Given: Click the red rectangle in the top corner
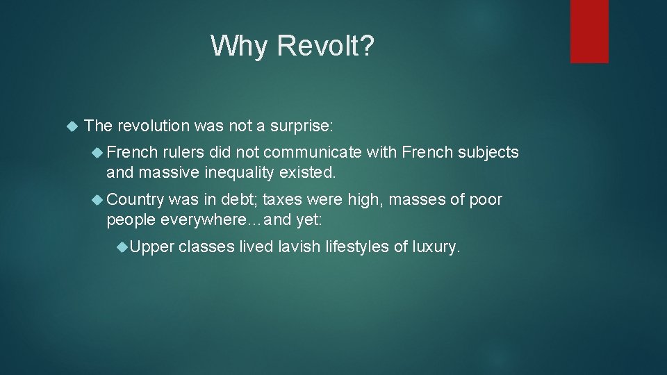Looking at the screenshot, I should click(x=589, y=31).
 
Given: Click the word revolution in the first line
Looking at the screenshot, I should click(x=154, y=126).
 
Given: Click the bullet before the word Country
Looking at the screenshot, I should click(x=98, y=200).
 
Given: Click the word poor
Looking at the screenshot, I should click(x=486, y=200).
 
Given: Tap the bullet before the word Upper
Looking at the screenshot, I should click(x=122, y=247).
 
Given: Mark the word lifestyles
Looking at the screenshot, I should click(x=357, y=247).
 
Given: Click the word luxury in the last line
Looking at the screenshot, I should click(x=436, y=247).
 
